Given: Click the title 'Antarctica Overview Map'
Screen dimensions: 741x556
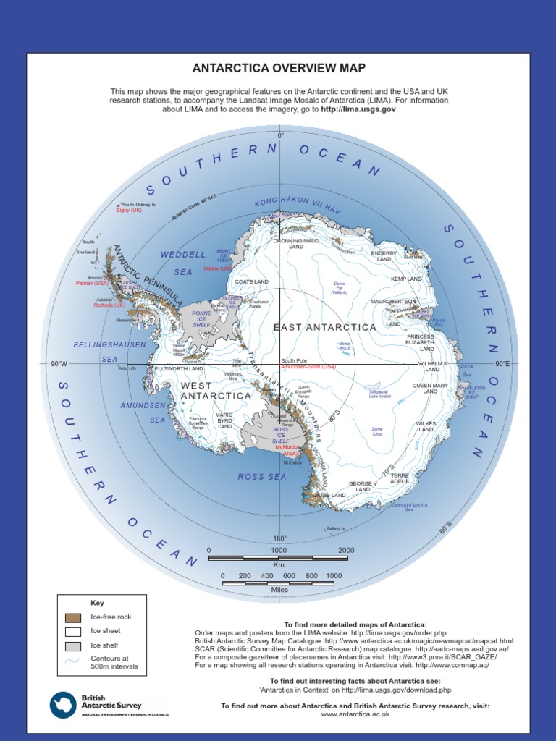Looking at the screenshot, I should (x=279, y=69).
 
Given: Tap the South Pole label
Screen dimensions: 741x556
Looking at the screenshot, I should (x=294, y=360).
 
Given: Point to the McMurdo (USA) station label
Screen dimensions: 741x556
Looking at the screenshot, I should (x=287, y=450).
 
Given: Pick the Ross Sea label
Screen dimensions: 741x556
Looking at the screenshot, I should (x=262, y=477).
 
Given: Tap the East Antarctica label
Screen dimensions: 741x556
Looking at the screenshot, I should (x=325, y=328).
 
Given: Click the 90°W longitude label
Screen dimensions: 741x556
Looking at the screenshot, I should (x=59, y=364).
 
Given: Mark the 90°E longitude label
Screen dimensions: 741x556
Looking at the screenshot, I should (x=502, y=364).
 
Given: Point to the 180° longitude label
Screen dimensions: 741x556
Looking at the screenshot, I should (x=279, y=538).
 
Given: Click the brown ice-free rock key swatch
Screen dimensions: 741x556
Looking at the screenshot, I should (x=73, y=617).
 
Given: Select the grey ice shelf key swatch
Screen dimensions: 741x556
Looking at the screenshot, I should (x=73, y=645).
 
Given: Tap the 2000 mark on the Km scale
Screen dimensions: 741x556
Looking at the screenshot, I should (x=346, y=551).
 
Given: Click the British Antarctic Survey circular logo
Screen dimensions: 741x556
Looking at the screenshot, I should (x=63, y=705).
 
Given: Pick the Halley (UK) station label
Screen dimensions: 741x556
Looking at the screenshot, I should (x=218, y=268).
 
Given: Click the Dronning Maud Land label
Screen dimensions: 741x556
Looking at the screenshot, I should (x=295, y=243).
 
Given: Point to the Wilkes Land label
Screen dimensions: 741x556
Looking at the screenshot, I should (x=425, y=427).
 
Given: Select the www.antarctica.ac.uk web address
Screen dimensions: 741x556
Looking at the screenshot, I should (x=355, y=714).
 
